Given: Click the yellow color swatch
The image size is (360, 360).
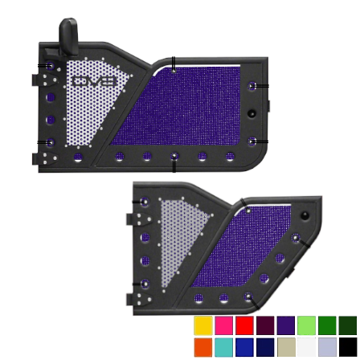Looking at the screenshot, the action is point(203,325).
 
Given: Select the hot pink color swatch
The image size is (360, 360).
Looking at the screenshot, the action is point(223,325).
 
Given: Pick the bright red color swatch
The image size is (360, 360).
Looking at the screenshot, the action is point(244,325).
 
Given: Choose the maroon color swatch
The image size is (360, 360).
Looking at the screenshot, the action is point(265,325).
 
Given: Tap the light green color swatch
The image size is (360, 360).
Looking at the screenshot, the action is point(306,325).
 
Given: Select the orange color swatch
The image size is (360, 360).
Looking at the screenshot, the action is point(203,347).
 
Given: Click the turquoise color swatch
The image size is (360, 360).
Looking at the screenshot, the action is point(223,347).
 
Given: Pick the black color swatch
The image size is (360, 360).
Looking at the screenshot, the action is point(348,347).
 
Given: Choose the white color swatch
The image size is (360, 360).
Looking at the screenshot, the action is point(306,347).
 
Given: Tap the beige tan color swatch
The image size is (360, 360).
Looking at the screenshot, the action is point(286,347).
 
